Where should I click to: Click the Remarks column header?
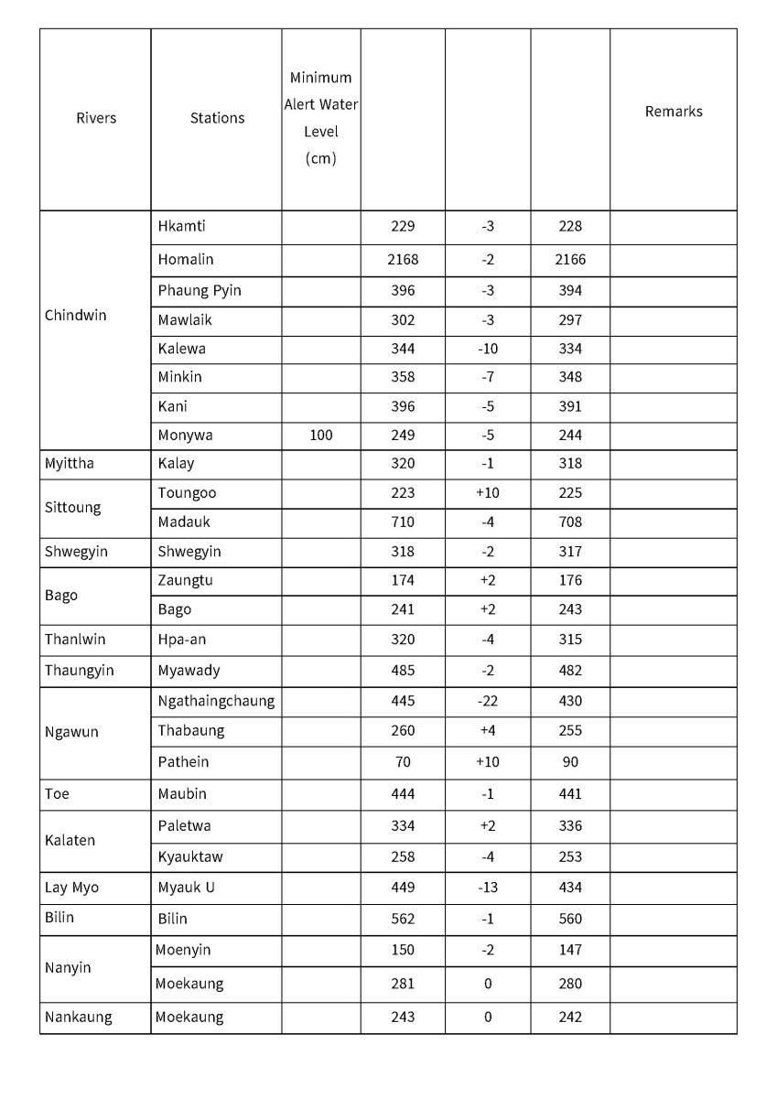(674, 111)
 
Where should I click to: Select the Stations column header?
(217, 118)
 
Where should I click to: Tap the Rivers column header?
(96, 118)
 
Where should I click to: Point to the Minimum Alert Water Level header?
(320, 118)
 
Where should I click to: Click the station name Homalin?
(186, 260)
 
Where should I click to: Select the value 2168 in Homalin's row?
(403, 260)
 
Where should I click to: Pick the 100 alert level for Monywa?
(320, 436)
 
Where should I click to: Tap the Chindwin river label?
(75, 316)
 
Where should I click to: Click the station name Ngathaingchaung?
(216, 701)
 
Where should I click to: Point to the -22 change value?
(488, 701)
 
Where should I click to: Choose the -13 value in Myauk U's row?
(488, 888)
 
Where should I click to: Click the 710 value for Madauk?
(403, 522)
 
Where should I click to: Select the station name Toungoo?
(187, 493)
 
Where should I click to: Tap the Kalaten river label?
(70, 841)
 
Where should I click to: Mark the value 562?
(403, 919)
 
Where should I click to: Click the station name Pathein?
(183, 762)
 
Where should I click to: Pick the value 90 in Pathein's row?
(570, 762)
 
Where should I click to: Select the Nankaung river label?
(79, 1017)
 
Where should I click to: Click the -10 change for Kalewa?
(488, 349)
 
